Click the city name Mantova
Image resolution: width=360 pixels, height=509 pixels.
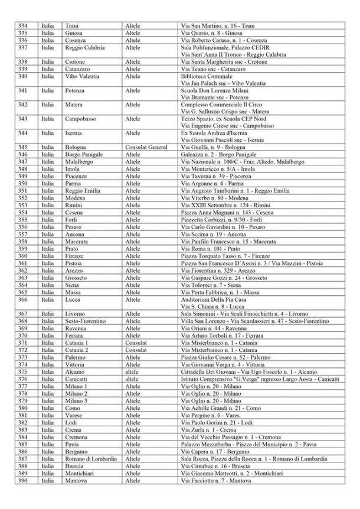76,480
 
